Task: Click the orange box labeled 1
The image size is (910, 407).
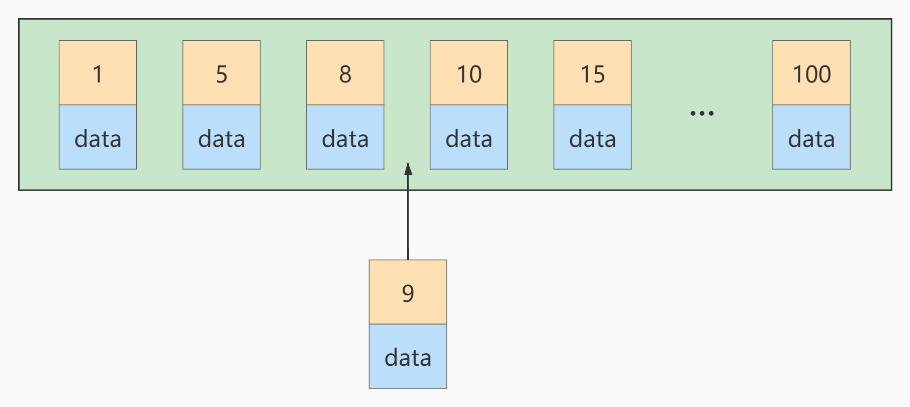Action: coord(98,73)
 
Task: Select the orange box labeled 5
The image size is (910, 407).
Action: coord(221,73)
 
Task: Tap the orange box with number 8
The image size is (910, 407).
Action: coord(345,73)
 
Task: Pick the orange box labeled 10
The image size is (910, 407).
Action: coord(469,73)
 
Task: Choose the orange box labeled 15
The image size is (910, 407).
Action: coord(592,73)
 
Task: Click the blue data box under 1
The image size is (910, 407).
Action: coord(98,137)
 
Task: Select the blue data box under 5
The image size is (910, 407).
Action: coord(221,137)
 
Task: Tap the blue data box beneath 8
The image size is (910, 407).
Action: coord(345,137)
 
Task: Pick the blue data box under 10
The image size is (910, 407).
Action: coord(469,137)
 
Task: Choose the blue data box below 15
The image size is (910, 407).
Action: coord(592,137)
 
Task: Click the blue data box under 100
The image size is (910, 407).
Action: coord(811,137)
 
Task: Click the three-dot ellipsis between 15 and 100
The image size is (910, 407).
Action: coord(702,113)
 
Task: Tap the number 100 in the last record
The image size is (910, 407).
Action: coord(811,74)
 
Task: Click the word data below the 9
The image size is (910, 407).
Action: coord(408,358)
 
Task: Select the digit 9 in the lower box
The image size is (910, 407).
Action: coord(408,293)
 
